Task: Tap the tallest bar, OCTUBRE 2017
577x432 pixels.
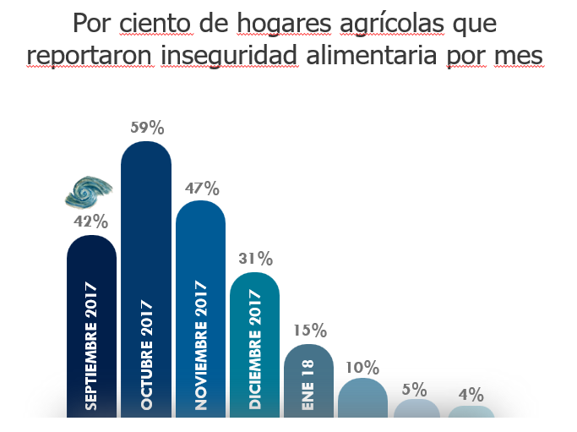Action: click(x=146, y=279)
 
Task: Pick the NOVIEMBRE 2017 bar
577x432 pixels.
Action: click(x=200, y=309)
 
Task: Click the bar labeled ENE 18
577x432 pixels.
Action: click(x=308, y=380)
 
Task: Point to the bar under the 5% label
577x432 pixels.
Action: click(x=417, y=407)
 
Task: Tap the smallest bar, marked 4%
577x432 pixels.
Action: click(x=471, y=411)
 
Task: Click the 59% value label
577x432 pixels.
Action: click(x=147, y=129)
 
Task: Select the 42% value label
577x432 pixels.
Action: click(x=91, y=222)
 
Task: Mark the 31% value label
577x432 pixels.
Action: click(x=255, y=259)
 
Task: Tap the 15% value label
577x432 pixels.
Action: click(x=309, y=331)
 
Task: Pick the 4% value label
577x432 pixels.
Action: click(x=471, y=395)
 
